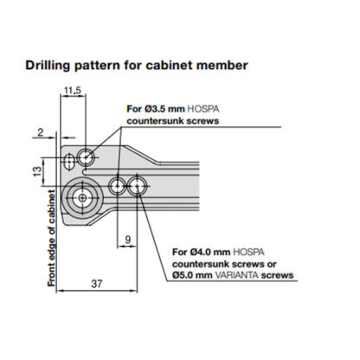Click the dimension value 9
pos(128,239)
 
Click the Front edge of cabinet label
pos(53,236)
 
